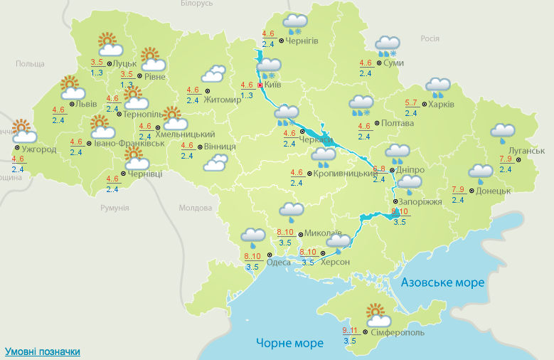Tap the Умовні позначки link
click(43, 351)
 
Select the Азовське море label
click(443, 282)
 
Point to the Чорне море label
click(289, 344)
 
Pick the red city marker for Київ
click(260, 85)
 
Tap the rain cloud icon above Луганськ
click(503, 132)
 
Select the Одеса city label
click(278, 262)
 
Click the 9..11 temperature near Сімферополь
click(350, 330)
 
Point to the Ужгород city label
click(39, 149)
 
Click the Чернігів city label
click(302, 41)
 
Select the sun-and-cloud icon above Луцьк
click(109, 45)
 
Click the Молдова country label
click(195, 208)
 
